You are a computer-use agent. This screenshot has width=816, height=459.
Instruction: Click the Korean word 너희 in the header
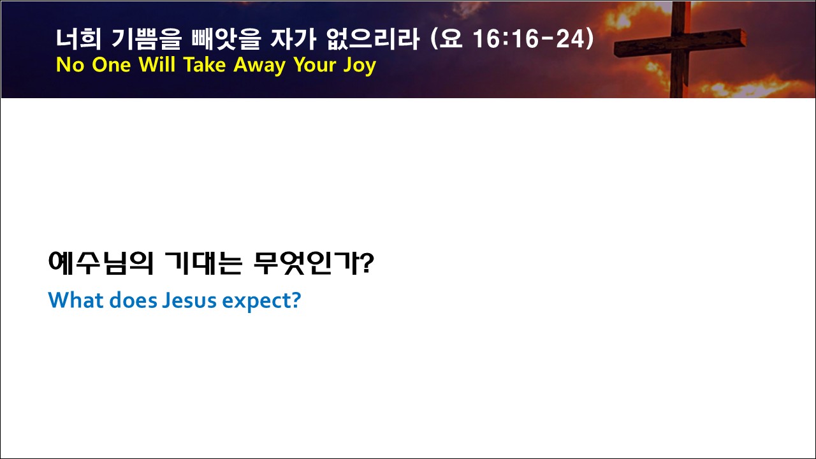click(78, 39)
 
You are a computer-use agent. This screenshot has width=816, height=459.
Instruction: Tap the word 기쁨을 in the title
click(146, 39)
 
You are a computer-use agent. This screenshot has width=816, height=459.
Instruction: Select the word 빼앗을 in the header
click(226, 39)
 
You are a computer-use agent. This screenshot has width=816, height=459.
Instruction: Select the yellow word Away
click(259, 66)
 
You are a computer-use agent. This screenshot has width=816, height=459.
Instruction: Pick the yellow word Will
click(157, 65)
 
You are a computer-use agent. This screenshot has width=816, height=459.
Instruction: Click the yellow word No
click(70, 65)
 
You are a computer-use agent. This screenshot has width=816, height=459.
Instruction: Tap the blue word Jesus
click(189, 300)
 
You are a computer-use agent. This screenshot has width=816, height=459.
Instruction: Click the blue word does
click(133, 300)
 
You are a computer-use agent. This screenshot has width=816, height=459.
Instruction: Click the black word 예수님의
click(101, 263)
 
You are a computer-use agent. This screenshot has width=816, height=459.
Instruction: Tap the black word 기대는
click(203, 263)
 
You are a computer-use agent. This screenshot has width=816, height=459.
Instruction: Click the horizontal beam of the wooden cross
click(680, 43)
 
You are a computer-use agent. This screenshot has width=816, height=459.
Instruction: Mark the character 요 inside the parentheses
click(451, 39)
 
